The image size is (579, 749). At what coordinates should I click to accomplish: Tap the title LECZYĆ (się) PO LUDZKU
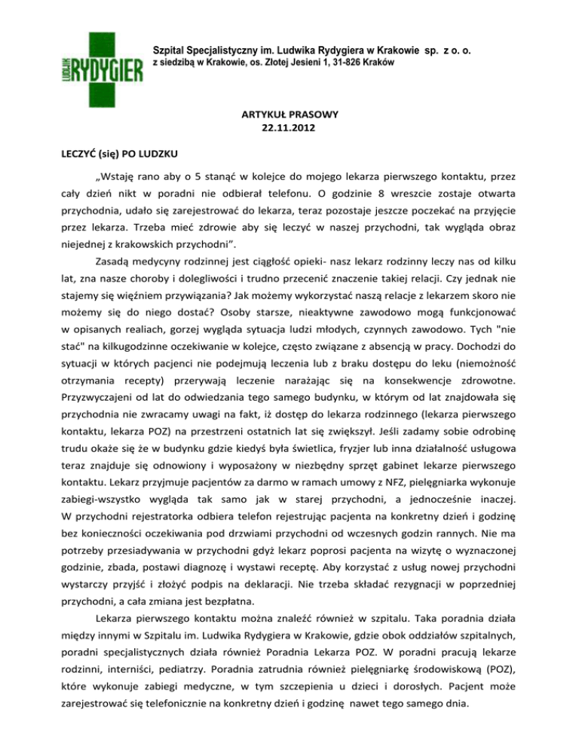point(115,154)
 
